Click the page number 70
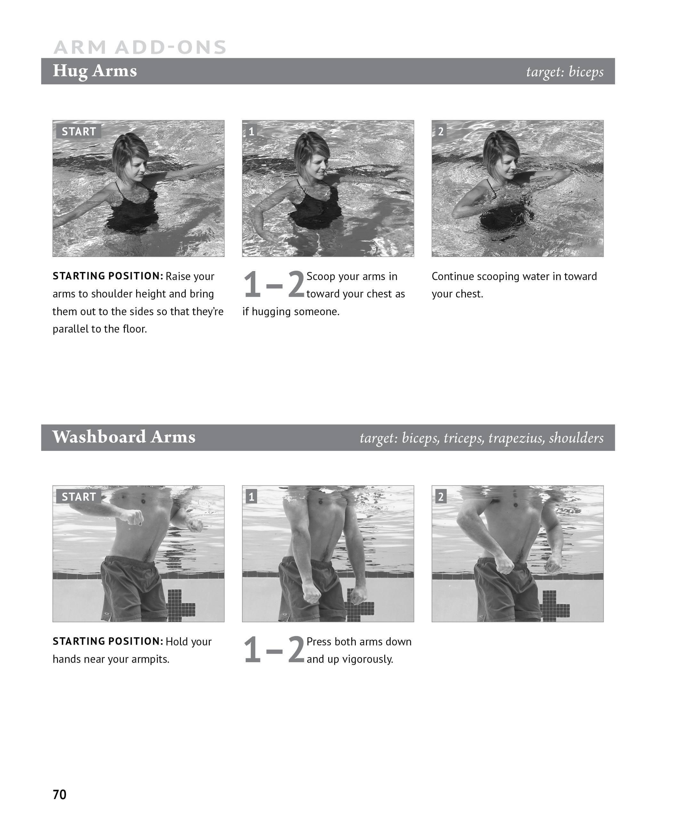coord(60,795)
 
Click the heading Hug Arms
coord(94,71)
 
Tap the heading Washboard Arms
coord(124,437)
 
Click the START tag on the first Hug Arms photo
coord(78,131)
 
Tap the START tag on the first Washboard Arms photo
coord(78,497)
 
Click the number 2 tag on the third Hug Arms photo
coord(441,131)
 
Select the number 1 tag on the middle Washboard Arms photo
coord(251,497)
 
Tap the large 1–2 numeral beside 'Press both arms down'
coord(273,650)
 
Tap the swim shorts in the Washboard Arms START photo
coord(132,588)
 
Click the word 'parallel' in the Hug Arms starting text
coord(69,329)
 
